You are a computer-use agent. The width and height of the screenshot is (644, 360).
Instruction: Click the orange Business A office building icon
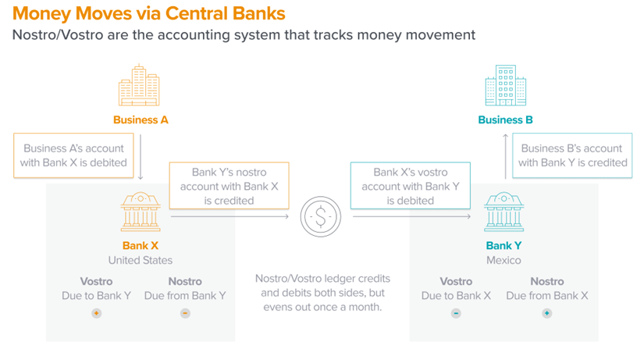(x=139, y=85)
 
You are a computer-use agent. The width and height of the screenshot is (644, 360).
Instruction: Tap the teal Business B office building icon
(x=505, y=85)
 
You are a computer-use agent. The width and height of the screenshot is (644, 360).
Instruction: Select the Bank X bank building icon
(x=141, y=212)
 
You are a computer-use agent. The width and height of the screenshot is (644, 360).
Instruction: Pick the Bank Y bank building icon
(x=503, y=212)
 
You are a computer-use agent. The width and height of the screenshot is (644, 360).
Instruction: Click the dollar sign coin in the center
(x=320, y=216)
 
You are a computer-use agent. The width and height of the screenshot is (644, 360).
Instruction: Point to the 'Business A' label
(x=141, y=120)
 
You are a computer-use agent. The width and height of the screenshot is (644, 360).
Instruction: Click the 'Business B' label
(x=505, y=120)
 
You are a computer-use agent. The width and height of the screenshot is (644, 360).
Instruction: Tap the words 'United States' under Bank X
(x=141, y=260)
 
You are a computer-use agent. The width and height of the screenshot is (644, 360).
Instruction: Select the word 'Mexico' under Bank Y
(x=503, y=260)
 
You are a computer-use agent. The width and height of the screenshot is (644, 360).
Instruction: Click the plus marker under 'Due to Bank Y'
(x=97, y=313)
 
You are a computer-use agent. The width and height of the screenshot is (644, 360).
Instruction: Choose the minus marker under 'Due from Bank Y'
(x=185, y=313)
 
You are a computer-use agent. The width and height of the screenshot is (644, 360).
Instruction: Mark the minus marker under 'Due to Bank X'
(x=456, y=313)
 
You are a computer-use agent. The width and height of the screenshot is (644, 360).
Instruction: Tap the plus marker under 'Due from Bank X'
(x=546, y=313)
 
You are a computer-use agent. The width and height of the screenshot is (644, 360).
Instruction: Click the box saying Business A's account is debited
(x=73, y=155)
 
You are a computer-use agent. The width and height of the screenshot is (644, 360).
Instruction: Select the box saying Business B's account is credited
(x=573, y=155)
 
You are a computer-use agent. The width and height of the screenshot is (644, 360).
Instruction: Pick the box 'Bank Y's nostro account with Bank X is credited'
(x=229, y=186)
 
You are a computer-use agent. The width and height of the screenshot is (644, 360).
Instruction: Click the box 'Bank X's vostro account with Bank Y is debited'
(x=411, y=186)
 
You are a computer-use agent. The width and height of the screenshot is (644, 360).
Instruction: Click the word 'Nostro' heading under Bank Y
(x=546, y=281)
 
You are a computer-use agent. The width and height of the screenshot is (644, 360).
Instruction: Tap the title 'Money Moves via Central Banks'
(x=149, y=13)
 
